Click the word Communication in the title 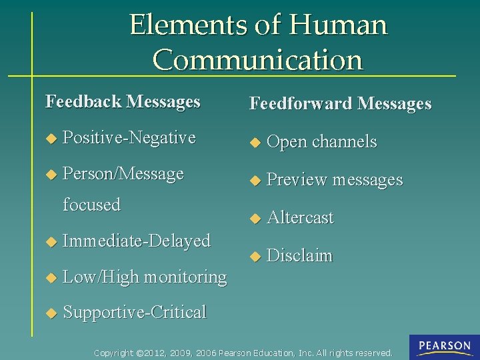(258, 60)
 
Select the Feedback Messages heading (123, 101)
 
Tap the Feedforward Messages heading (340, 103)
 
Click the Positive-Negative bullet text (129, 138)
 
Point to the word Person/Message (123, 174)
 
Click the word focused (91, 204)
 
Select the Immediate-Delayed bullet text (136, 240)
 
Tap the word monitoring (185, 276)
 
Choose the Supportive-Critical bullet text (134, 312)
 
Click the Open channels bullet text (321, 141)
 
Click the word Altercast (300, 217)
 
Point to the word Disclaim (299, 255)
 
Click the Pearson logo (445, 347)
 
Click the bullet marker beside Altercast (253, 218)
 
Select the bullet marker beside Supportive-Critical (49, 313)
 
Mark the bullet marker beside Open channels (253, 142)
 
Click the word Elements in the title (187, 25)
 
